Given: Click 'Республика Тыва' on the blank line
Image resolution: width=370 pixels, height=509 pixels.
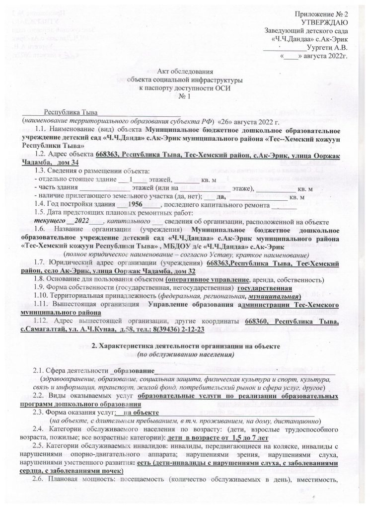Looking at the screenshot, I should coord(71,114).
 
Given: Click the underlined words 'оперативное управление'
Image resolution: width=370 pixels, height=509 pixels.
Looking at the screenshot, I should coord(206,280).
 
